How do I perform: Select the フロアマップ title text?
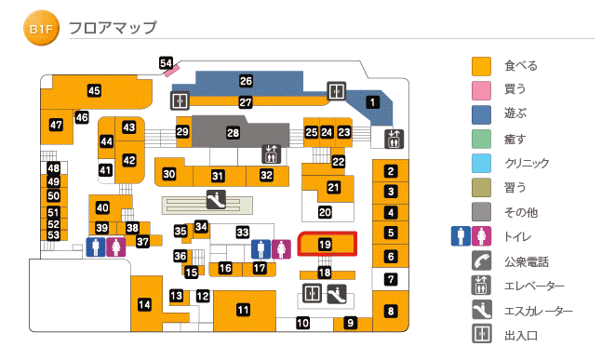click(113, 28)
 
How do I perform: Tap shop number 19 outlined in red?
click(325, 244)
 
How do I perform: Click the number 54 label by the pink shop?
click(167, 63)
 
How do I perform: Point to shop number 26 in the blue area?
click(246, 81)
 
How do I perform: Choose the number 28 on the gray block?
click(233, 134)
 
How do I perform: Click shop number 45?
click(94, 90)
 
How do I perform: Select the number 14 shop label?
click(144, 304)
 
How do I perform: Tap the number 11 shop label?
click(243, 310)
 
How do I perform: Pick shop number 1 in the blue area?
click(372, 102)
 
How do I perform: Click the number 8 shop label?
click(391, 311)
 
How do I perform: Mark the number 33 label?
click(243, 232)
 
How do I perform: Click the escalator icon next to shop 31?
click(215, 198)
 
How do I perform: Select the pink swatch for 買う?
click(481, 90)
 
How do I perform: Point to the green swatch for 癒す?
click(481, 139)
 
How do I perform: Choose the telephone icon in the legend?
click(481, 261)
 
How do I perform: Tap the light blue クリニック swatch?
click(481, 163)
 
